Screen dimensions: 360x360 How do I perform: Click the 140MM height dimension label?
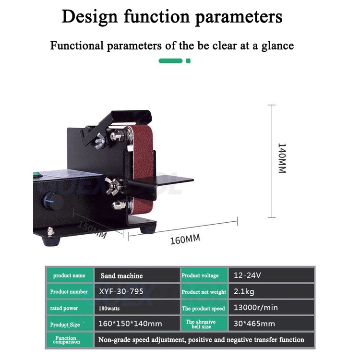tap(282, 158)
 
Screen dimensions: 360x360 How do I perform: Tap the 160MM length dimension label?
tap(185, 239)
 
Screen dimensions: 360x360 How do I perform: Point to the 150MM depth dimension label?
tap(92, 229)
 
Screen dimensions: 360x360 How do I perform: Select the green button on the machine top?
tap(35, 174)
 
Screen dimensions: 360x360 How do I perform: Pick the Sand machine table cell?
tap(121, 276)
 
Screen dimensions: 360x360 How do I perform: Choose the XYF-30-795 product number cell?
tap(121, 291)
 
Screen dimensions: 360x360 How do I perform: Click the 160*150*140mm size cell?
tap(130, 324)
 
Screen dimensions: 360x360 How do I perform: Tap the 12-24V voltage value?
tap(247, 276)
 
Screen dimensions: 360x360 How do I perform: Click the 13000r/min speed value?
tap(256, 308)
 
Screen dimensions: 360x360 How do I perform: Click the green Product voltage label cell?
tap(200, 276)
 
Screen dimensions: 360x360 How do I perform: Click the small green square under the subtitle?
tap(189, 61)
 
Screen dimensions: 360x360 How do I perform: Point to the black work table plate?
tap(168, 181)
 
